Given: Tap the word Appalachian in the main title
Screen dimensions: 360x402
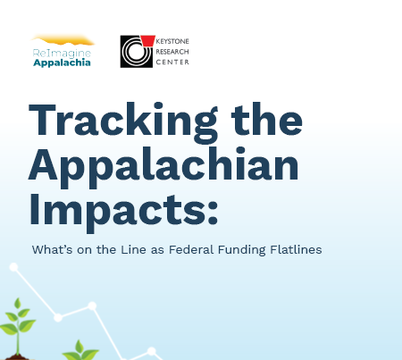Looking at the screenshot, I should click(163, 165).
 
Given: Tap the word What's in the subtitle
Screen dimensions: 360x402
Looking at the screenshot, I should click(52, 249).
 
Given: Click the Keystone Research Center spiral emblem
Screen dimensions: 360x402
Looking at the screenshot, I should click(136, 52).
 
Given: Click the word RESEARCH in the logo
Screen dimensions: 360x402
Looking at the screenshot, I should click(172, 52).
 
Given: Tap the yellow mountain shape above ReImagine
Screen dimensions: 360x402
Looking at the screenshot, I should click(64, 40).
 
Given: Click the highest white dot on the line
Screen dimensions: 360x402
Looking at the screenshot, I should click(14, 266).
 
